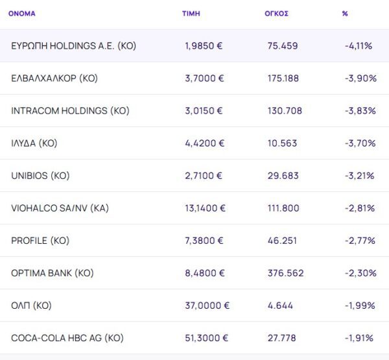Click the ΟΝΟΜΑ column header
click(22, 13)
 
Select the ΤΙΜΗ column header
click(191, 13)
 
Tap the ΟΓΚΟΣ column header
click(276, 13)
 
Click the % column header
click(345, 13)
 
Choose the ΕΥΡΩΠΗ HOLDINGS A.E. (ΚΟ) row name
click(73, 46)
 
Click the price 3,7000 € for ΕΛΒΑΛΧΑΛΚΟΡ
click(204, 78)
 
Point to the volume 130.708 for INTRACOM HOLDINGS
click(285, 111)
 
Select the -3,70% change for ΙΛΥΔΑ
click(360, 143)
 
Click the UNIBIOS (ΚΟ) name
click(40, 176)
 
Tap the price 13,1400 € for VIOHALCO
click(206, 208)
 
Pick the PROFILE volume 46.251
click(282, 241)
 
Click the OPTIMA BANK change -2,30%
click(360, 273)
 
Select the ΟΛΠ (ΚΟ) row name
click(31, 306)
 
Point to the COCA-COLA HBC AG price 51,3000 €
click(207, 338)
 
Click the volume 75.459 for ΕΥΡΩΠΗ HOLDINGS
click(282, 46)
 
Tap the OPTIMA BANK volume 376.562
click(285, 273)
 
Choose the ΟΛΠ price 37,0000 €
click(207, 306)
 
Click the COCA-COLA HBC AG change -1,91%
click(360, 338)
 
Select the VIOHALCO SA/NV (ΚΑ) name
click(59, 208)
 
